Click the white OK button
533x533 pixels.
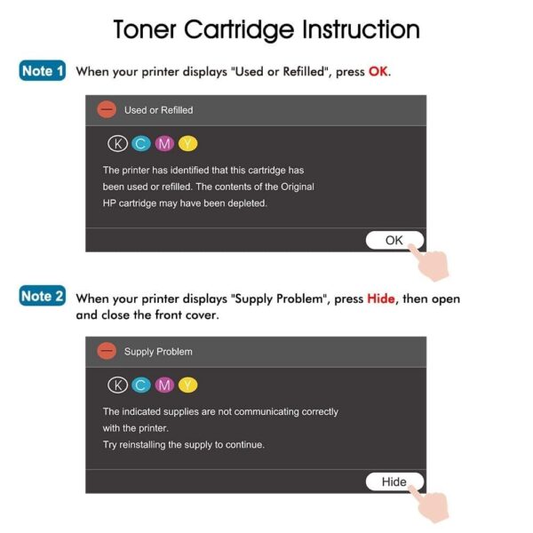(x=394, y=241)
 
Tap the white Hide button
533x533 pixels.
(x=394, y=481)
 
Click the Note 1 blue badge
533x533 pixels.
(x=42, y=71)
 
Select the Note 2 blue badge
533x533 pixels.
(x=42, y=296)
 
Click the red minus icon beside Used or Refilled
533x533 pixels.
(x=107, y=109)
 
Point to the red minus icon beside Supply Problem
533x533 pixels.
(x=107, y=351)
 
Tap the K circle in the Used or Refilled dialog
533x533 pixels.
(x=117, y=144)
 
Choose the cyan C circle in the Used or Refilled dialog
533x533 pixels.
(x=141, y=144)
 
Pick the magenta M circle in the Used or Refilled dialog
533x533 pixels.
(x=164, y=144)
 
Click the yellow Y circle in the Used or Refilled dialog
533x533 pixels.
(x=187, y=144)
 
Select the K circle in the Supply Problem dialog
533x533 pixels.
(x=117, y=386)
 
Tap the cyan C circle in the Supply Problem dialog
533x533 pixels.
(x=141, y=386)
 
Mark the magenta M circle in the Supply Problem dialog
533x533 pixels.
(x=164, y=386)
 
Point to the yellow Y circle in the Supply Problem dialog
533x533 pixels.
(x=187, y=386)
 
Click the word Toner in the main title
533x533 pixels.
(x=145, y=29)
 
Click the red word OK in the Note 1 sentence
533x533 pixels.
(x=378, y=71)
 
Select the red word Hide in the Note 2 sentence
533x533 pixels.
(x=381, y=298)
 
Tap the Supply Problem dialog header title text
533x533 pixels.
(x=158, y=352)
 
